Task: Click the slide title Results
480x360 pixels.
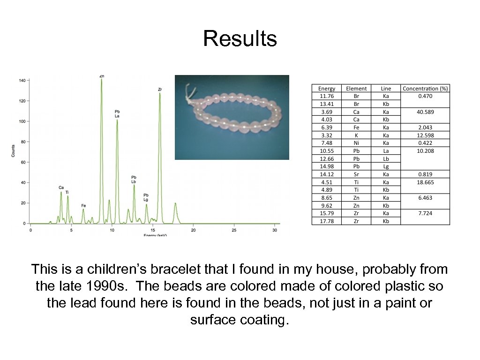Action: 240,38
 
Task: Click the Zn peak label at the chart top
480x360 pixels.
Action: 102,76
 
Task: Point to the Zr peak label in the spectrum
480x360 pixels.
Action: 160,89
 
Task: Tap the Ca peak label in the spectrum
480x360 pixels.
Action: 61,187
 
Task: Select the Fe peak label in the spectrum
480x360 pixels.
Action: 83,205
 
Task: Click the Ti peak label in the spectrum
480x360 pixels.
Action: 67,192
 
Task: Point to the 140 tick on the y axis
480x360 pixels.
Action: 22,81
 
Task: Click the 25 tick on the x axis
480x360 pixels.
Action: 234,230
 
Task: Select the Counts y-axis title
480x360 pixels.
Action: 13,150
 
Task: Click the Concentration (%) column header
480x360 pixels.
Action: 425,89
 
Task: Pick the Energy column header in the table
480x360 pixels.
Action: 327,89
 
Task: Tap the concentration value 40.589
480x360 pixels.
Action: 425,112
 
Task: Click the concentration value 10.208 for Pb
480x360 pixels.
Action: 425,151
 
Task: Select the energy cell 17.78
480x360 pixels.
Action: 327,221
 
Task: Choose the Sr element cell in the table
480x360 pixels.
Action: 356,174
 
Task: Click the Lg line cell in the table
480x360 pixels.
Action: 386,166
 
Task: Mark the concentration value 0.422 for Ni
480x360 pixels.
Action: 425,143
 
